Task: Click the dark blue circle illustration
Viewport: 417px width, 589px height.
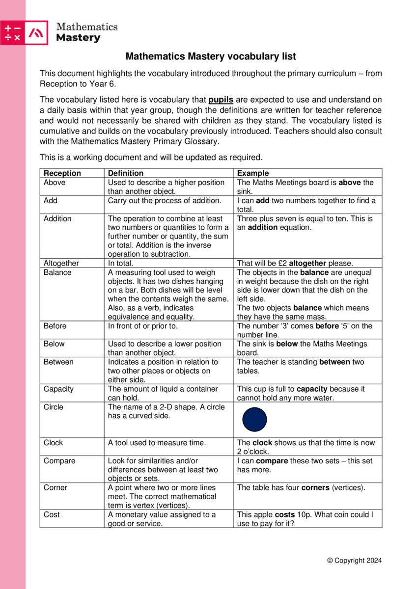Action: [x=255, y=420]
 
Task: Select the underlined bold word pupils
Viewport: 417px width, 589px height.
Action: [x=221, y=101]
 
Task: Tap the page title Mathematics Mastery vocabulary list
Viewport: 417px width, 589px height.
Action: [x=211, y=56]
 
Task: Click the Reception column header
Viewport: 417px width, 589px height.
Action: [x=62, y=173]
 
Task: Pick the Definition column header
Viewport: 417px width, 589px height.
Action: [x=126, y=173]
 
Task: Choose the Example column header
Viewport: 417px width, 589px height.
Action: [x=253, y=173]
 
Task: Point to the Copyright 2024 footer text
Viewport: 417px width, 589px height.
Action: [x=354, y=561]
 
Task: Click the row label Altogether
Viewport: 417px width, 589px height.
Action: [x=61, y=263]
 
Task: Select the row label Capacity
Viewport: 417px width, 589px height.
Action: [x=58, y=389]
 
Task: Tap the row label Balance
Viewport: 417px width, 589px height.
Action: [x=57, y=272]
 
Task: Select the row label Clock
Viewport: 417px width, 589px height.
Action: [x=53, y=443]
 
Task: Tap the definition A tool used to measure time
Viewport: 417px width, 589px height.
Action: [x=157, y=443]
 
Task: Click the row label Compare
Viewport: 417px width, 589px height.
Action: [x=59, y=461]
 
